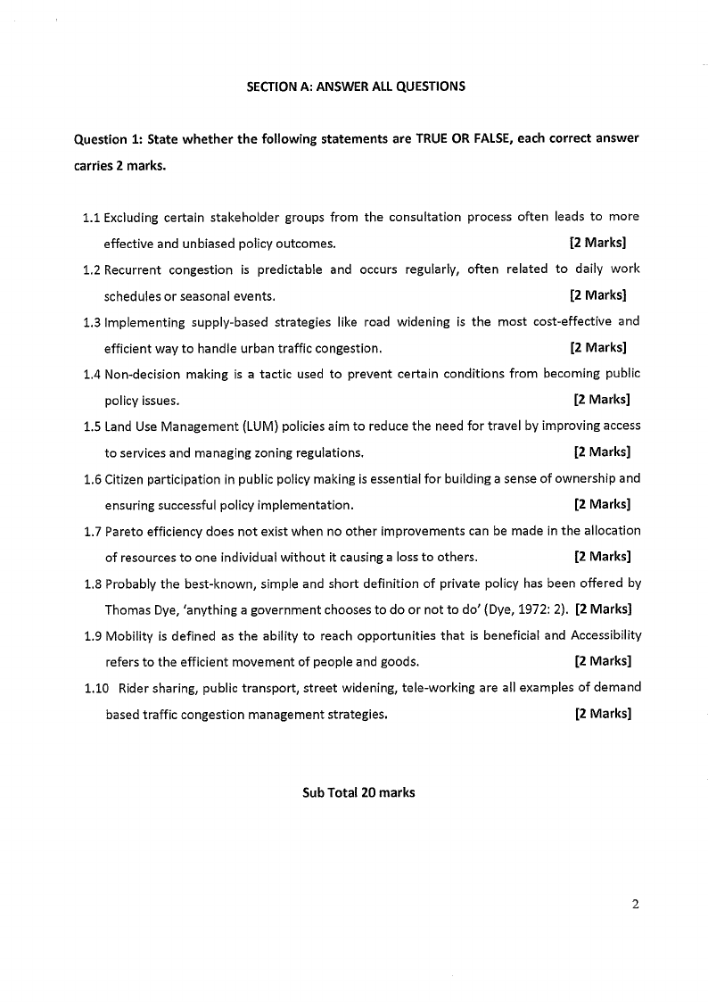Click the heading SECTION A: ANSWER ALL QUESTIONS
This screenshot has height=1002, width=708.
point(356,87)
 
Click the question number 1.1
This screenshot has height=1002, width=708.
point(91,217)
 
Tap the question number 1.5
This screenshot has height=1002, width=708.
point(91,426)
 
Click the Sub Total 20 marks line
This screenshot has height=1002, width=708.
point(358,792)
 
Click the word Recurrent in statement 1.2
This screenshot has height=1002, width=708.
point(133,269)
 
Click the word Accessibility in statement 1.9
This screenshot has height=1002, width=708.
point(605,636)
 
